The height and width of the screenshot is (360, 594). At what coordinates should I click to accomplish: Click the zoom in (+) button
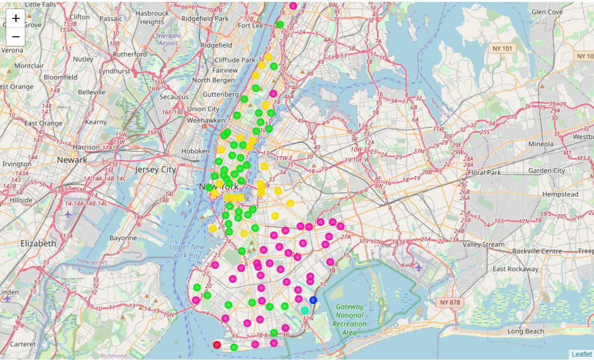point(16,18)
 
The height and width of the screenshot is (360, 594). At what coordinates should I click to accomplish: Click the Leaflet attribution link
point(581,354)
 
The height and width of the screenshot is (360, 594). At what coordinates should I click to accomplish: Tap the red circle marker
point(217,345)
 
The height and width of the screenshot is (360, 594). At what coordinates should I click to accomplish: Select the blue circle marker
point(313,300)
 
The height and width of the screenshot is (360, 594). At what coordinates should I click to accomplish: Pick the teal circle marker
point(304,310)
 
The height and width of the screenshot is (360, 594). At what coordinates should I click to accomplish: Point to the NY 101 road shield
point(502,48)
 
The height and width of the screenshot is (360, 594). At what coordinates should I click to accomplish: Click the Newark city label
point(72,159)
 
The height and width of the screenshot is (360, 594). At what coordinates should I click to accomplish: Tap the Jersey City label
point(155,170)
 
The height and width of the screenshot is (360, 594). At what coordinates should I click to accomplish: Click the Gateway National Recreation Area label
point(349,319)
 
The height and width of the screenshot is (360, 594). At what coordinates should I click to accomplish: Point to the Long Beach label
point(526,331)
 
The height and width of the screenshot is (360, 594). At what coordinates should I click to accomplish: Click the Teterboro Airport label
point(167,39)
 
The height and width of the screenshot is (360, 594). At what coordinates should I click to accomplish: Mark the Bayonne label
point(123,238)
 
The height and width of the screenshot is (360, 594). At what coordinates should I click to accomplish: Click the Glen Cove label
point(547,12)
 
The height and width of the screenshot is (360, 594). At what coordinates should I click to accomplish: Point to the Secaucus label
point(174,96)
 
